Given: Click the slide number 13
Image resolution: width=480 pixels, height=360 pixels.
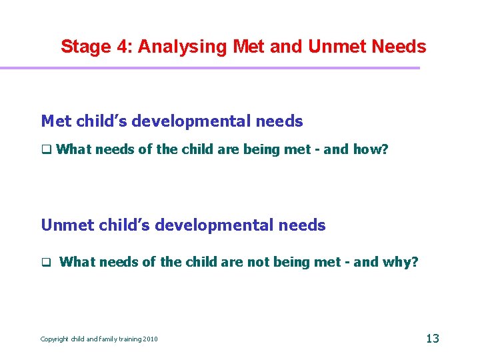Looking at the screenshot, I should (x=432, y=339).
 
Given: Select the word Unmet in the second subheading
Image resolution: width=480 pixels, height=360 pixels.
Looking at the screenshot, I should (x=67, y=225).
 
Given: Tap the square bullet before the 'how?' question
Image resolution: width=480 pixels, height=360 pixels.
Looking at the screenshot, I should (x=45, y=150).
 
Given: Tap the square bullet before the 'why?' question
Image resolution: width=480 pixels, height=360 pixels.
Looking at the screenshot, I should (x=45, y=263).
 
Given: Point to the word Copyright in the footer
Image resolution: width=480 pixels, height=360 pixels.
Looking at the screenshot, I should (x=55, y=339).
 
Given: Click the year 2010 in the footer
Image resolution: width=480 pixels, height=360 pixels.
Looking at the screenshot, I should (x=150, y=339).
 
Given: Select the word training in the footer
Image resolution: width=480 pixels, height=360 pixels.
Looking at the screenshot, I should (x=127, y=339).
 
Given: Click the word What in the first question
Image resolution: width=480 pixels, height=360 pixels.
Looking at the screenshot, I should (x=75, y=149).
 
